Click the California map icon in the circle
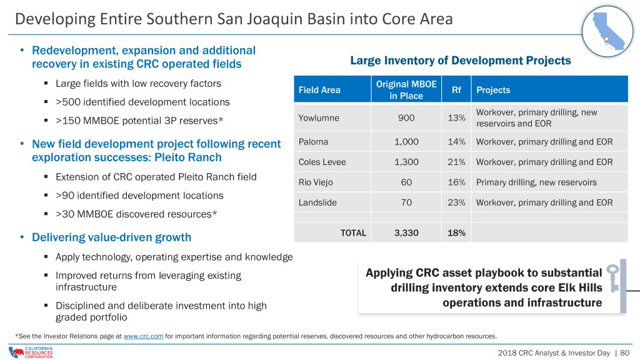click(x=607, y=31)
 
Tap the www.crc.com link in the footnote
click(x=143, y=336)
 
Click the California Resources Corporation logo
click(x=31, y=352)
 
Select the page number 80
click(x=624, y=352)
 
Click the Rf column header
click(x=456, y=90)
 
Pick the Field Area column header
click(x=319, y=90)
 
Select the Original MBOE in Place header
click(x=406, y=90)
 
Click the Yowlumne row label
click(x=319, y=118)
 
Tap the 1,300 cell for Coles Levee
click(x=406, y=162)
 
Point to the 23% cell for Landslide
click(x=456, y=202)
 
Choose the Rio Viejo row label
click(x=316, y=182)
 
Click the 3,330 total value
click(x=406, y=233)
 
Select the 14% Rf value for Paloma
click(x=456, y=142)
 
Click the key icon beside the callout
click(x=612, y=278)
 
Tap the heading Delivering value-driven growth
click(x=111, y=237)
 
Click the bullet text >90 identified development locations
click(x=139, y=196)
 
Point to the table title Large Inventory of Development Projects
click(x=461, y=61)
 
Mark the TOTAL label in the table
click(x=353, y=233)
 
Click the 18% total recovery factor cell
click(x=456, y=233)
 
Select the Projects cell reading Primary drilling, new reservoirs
click(x=536, y=182)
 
